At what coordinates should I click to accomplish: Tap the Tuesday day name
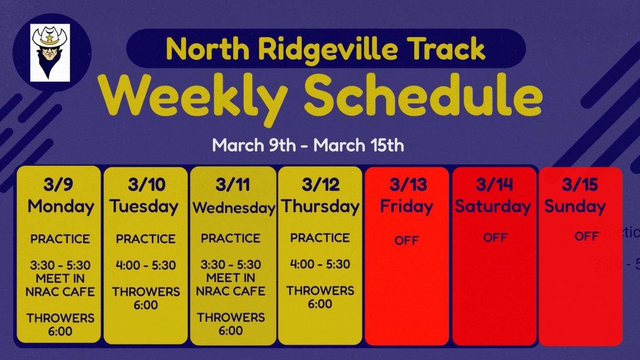pos(145,206)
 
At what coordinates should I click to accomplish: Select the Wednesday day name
pos(233,208)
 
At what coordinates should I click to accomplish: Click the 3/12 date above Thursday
pos(320,185)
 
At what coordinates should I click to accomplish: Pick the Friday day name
pos(406,206)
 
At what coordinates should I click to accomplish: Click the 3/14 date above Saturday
pos(493,185)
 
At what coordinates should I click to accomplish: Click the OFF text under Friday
pos(406,241)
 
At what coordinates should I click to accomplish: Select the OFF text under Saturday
pos(494,237)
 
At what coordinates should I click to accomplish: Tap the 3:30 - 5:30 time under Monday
pos(60,265)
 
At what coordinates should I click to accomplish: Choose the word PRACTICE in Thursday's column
pos(320,238)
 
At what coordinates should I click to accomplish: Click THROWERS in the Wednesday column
pos(230,317)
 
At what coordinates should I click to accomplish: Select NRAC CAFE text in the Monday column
pos(60,292)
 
